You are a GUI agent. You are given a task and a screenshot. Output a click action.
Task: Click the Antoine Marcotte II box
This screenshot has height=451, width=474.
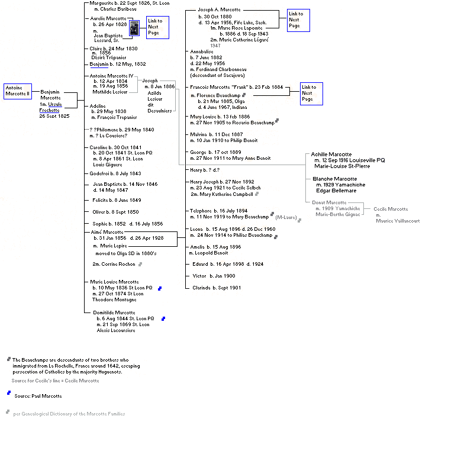pyautogui.click(x=17, y=91)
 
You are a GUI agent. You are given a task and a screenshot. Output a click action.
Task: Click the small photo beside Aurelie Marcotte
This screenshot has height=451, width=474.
pyautogui.click(x=134, y=28)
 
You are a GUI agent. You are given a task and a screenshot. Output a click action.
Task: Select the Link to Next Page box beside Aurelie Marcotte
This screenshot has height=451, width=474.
pyautogui.click(x=158, y=27)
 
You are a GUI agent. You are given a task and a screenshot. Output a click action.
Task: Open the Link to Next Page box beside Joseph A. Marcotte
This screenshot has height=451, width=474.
pyautogui.click(x=297, y=20)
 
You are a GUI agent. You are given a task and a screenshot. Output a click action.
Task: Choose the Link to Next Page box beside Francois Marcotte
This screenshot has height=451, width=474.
pyautogui.click(x=309, y=93)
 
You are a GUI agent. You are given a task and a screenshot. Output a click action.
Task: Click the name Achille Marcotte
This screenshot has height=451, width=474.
pyautogui.click(x=331, y=154)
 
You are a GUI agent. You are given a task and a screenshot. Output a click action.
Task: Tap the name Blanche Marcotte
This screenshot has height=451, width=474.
pyautogui.click(x=334, y=179)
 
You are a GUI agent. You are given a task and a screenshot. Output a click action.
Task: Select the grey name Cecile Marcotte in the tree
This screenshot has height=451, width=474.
pyautogui.click(x=390, y=209)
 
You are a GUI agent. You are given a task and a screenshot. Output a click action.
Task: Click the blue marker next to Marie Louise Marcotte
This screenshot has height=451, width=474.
pyautogui.click(x=160, y=288)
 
